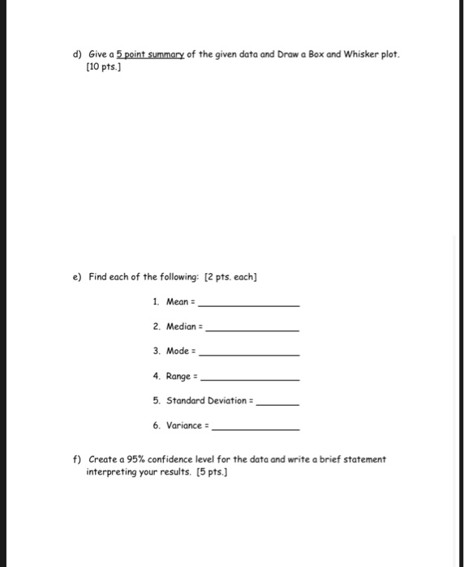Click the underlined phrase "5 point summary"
[153, 55]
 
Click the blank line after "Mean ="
[249, 305]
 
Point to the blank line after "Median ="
[254, 329]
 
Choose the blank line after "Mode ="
[249, 354]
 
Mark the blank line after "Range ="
[249, 378]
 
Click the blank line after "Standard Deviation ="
[277, 403]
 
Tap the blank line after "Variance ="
[255, 428]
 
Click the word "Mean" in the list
[176, 301]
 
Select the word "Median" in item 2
[181, 326]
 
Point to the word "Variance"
[183, 424]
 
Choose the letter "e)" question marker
[77, 277]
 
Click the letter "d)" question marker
[77, 55]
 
